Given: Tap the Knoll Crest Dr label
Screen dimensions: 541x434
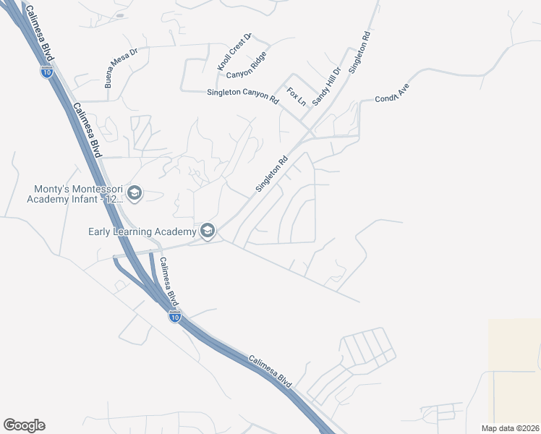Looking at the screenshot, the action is coord(234,51).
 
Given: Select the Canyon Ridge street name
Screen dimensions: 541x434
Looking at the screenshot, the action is coord(247,66).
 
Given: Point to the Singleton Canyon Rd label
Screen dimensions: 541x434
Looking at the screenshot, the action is coord(242,93).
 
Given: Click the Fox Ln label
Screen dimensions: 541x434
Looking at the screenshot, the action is coord(297,97).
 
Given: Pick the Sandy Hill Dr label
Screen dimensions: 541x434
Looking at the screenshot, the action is coord(326,86).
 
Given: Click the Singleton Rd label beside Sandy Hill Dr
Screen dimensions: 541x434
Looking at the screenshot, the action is coord(360,52).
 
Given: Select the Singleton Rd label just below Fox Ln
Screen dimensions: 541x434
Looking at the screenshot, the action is coord(272,174).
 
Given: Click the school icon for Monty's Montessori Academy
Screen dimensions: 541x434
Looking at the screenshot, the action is coord(135,193).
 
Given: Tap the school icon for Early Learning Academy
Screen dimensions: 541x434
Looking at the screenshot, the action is coord(208,231).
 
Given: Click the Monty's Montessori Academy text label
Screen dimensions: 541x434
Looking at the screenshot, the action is coord(74,194).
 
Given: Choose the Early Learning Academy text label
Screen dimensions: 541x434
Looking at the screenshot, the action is coord(142,231).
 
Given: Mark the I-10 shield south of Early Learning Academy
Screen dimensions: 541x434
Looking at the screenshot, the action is coord(174,316).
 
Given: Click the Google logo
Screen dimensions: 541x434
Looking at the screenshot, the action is coord(24,425).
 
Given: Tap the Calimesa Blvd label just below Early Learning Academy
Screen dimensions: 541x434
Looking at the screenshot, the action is coord(168,280).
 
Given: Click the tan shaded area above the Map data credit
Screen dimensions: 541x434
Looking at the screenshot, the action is coord(514,369).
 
